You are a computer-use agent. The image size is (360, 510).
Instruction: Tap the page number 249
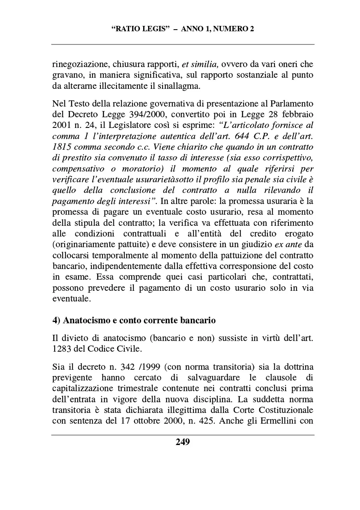183,442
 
